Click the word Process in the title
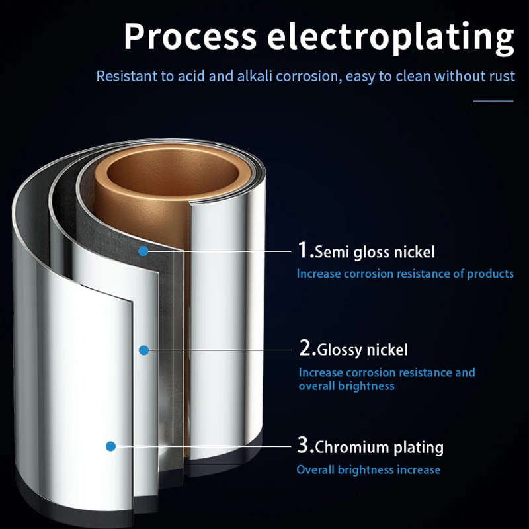click(190, 37)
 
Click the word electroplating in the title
click(390, 37)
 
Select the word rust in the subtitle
click(502, 76)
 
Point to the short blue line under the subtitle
click(494, 101)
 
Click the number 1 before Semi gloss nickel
click(304, 251)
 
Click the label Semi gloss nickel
click(375, 252)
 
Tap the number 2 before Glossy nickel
click(306, 348)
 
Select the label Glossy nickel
click(362, 349)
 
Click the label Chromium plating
click(379, 447)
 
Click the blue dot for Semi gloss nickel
click(143, 251)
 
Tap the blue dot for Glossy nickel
click(143, 349)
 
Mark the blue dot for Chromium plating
click(111, 446)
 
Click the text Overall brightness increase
click(368, 470)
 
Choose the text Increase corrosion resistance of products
click(405, 274)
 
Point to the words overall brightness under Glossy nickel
click(346, 386)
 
